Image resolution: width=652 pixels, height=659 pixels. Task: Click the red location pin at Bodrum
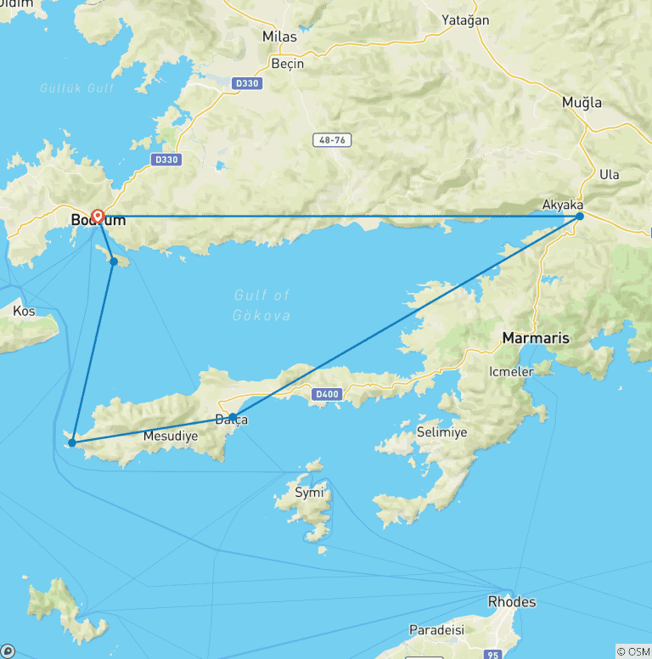98,216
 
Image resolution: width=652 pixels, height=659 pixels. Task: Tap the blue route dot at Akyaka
580,217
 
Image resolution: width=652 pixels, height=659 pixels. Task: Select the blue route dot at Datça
233,417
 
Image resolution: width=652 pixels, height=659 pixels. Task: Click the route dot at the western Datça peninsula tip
72,442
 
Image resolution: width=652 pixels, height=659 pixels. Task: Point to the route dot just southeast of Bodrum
114,262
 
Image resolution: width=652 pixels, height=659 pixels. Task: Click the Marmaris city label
536,338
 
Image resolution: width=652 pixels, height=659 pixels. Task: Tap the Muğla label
582,103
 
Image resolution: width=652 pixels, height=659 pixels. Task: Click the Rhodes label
512,602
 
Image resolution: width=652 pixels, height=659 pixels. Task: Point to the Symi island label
308,493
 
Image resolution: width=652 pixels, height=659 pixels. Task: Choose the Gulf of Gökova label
261,305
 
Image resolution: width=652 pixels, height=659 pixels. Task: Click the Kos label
24,312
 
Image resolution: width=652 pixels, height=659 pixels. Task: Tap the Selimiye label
442,433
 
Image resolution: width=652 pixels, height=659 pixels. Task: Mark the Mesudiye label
171,437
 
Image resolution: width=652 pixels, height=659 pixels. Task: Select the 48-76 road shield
331,140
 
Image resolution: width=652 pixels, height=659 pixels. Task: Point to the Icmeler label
511,372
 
